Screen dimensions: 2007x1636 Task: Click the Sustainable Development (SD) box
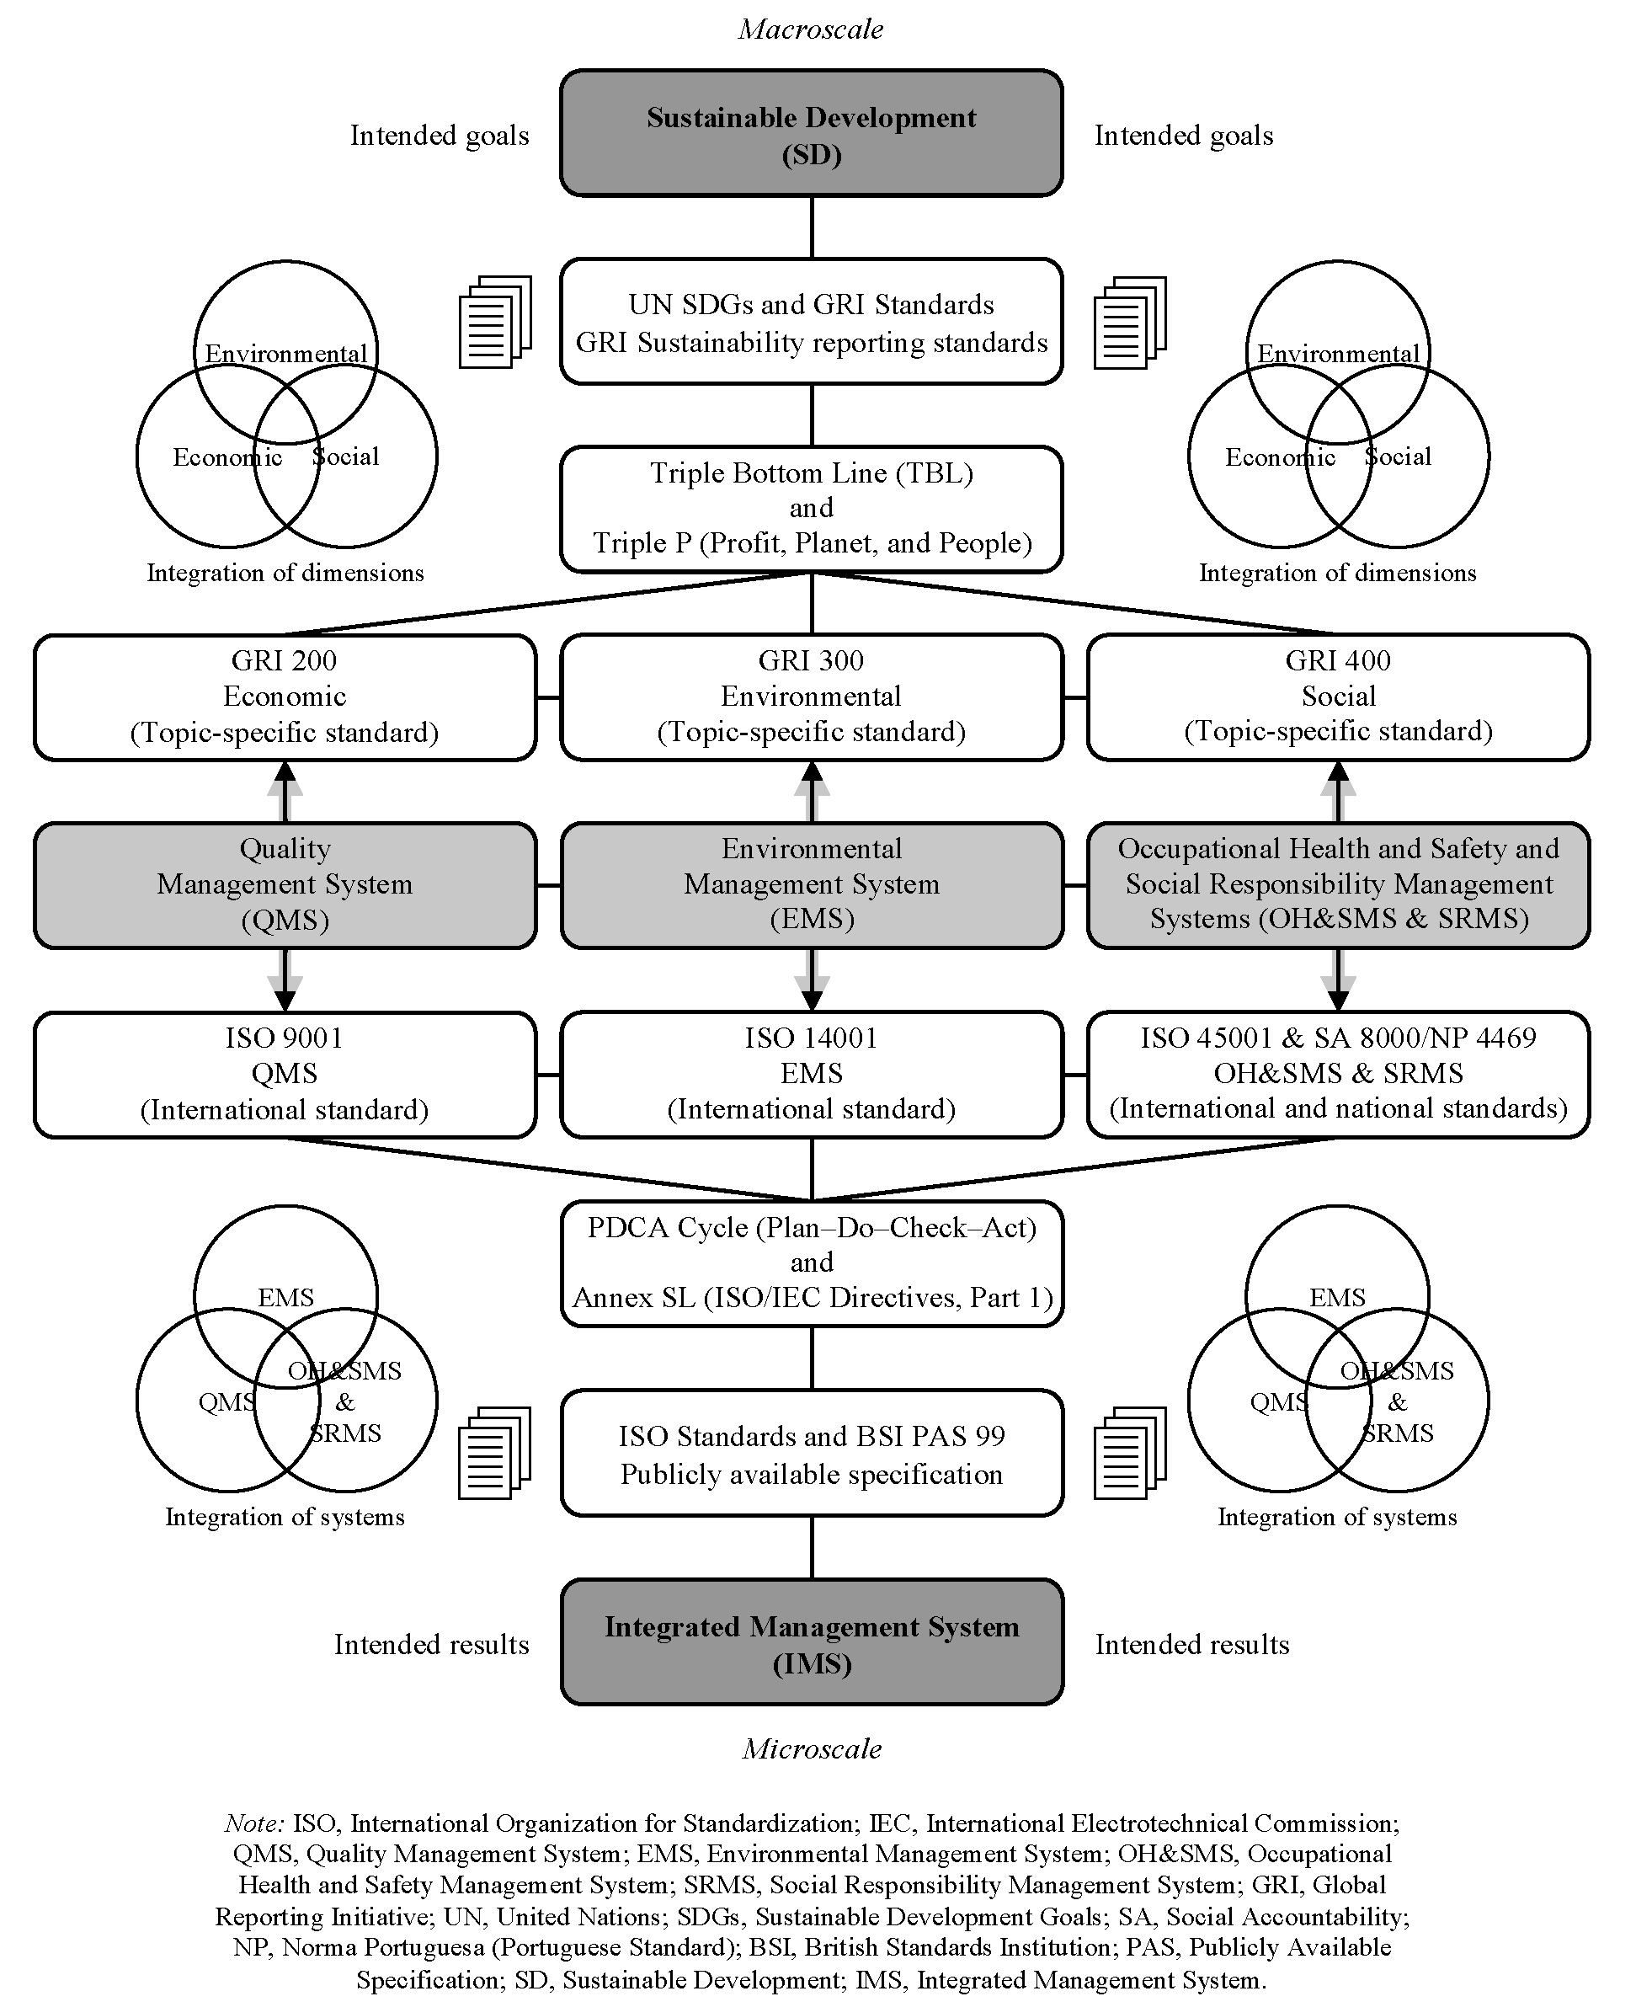811,133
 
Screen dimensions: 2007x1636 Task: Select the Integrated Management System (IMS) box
811,1644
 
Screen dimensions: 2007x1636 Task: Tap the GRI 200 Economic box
285,697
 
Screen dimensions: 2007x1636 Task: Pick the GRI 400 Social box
1337,697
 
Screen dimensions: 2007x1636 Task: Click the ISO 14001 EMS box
811,1074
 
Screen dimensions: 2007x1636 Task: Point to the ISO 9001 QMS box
285,1074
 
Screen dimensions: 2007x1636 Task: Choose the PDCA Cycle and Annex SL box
811,1262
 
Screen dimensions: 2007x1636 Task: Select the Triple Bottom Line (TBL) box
811,508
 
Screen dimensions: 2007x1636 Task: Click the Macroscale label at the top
811,29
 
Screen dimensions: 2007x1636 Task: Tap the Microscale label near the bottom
811,1748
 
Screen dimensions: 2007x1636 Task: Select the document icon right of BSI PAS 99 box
1129,1453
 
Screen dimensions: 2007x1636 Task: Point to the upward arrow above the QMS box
285,792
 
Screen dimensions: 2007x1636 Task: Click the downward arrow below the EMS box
811,980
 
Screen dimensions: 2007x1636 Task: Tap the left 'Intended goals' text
440,136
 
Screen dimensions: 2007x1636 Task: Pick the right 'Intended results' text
1191,1645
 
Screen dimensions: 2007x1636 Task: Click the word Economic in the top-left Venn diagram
227,458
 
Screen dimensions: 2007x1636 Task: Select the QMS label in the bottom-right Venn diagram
1278,1403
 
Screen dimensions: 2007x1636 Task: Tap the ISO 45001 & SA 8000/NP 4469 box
1337,1074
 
